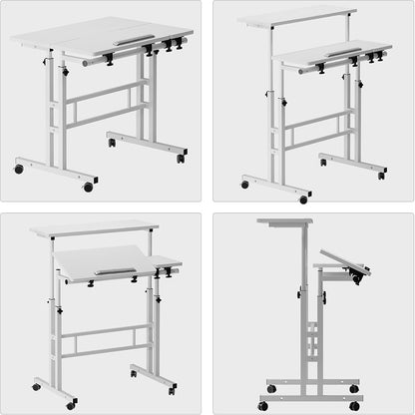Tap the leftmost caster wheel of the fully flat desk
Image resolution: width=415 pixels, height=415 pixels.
19,169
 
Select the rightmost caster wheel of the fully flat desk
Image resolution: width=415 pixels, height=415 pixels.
181,159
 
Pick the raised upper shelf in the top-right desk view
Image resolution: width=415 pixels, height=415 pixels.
297,17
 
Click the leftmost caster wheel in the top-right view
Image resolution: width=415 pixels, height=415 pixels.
245,185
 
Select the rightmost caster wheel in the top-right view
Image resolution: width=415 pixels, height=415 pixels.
381,176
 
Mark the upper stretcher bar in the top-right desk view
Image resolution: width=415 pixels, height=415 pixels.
318,119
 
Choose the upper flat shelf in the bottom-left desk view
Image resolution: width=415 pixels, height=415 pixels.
95,228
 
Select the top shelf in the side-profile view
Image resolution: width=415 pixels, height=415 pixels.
284,221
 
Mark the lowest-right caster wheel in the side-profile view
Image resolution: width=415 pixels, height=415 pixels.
354,405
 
